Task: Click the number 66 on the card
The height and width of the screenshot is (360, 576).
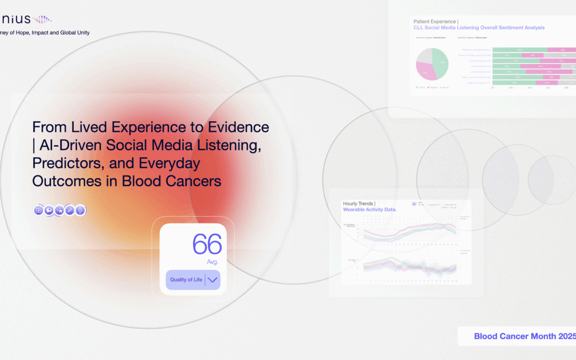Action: [207, 245]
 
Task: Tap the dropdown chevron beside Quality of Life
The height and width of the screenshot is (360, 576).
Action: [212, 279]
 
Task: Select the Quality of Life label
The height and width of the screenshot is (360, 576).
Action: [186, 279]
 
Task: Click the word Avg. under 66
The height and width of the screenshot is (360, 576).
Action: [213, 262]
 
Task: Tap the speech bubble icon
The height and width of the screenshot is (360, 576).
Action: [49, 210]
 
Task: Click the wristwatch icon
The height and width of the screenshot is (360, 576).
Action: [80, 210]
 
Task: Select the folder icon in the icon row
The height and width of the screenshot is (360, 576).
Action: [38, 210]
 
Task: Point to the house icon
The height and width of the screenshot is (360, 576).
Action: [59, 210]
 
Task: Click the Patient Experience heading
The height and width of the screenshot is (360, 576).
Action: [435, 21]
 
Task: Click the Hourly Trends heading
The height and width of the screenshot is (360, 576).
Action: [359, 204]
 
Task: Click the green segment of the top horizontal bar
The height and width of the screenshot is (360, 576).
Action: [519, 50]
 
